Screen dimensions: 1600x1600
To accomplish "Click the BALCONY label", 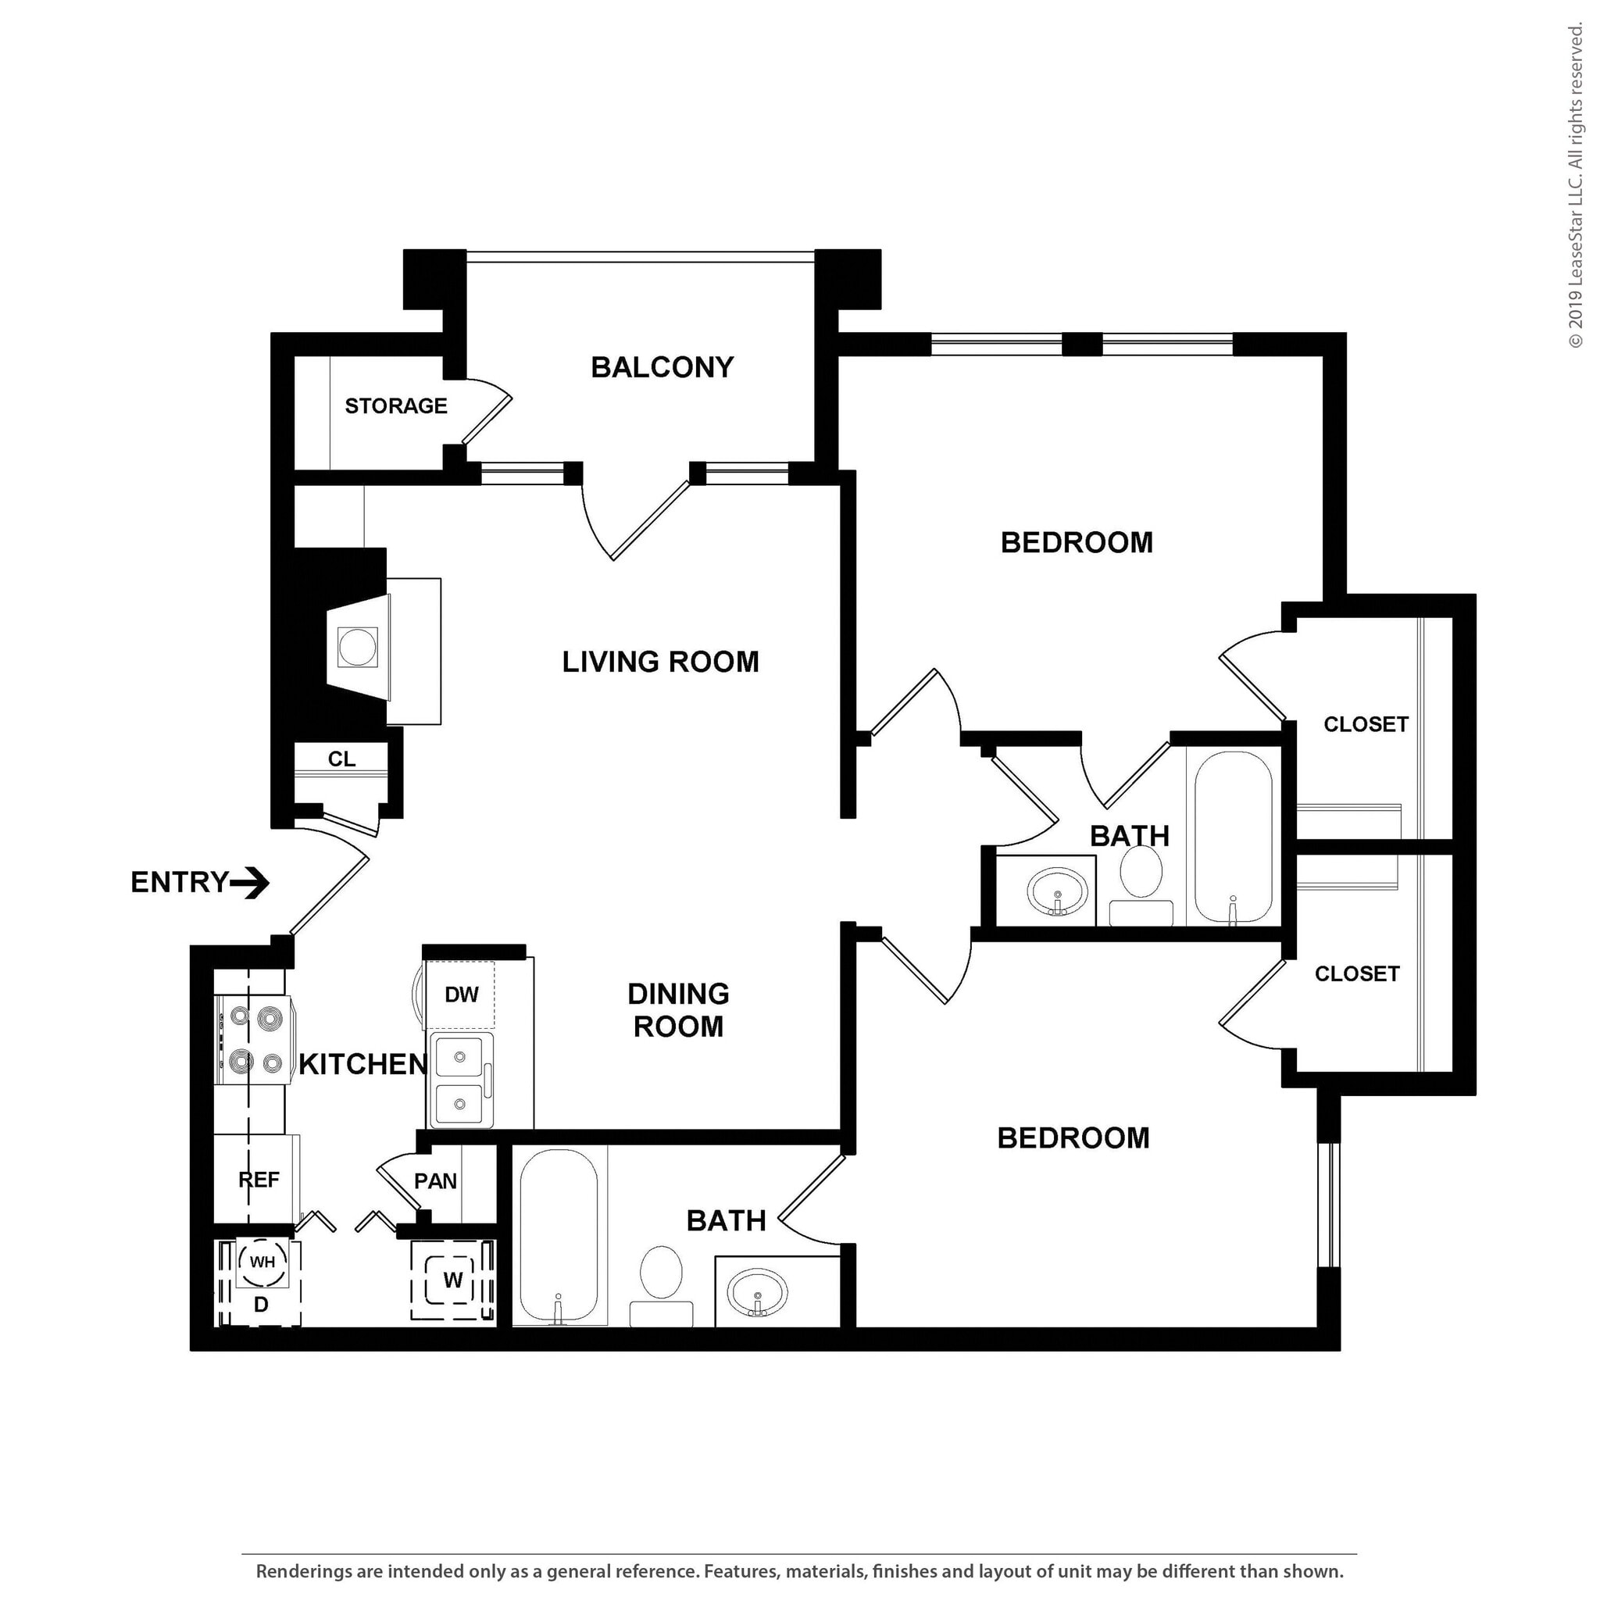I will pos(662,367).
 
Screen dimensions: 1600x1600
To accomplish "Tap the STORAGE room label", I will pos(396,405).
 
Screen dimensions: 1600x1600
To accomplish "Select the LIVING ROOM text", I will pos(660,662).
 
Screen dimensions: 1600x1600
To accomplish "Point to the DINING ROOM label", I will pos(678,1009).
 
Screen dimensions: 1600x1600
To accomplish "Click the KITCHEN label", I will pos(362,1064).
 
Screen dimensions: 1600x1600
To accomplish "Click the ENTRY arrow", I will pos(249,883).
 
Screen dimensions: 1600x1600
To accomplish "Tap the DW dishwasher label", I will pos(461,995).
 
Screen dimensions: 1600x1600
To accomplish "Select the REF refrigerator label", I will pos(259,1179).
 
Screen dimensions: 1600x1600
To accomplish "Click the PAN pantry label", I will pos(436,1181).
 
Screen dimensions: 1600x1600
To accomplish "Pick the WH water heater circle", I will pos(262,1262).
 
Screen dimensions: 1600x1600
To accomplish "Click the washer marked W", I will pos(452,1280).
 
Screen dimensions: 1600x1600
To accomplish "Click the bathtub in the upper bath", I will pos(1233,837).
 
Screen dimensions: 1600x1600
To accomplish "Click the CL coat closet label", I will pos(341,759).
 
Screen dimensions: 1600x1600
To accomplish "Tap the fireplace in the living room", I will pos(358,647).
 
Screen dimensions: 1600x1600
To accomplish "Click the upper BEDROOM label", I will pos(1077,542).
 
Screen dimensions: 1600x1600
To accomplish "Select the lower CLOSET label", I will pos(1356,973).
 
